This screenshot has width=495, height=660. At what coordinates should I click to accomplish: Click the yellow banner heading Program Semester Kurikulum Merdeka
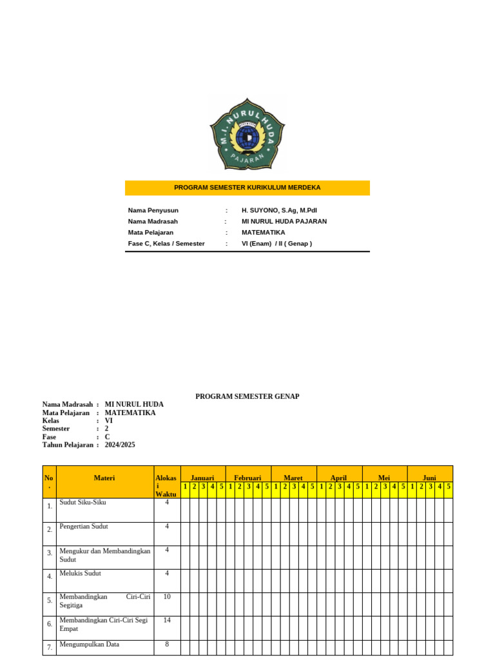(247, 188)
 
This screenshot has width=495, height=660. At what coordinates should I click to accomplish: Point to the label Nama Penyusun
(153, 210)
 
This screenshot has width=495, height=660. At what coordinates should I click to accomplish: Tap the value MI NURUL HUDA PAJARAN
(284, 221)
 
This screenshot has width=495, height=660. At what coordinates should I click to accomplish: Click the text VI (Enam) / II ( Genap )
(277, 244)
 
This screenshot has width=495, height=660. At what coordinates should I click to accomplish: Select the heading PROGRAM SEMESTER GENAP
(247, 396)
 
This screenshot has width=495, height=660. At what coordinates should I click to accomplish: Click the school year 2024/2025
(120, 445)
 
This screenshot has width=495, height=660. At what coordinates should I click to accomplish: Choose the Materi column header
(104, 478)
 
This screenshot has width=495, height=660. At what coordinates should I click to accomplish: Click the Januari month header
(202, 478)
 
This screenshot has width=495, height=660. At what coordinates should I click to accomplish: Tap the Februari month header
(247, 478)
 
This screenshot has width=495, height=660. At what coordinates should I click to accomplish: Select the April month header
(338, 478)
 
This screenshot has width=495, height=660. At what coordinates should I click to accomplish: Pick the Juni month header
(429, 478)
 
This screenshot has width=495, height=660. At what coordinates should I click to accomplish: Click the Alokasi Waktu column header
(166, 486)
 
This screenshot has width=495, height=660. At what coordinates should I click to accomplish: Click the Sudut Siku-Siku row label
(82, 502)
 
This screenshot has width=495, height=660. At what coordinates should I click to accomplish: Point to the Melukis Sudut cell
(80, 573)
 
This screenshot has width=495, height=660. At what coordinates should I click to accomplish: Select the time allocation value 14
(167, 620)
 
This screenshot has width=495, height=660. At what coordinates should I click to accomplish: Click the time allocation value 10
(167, 597)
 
